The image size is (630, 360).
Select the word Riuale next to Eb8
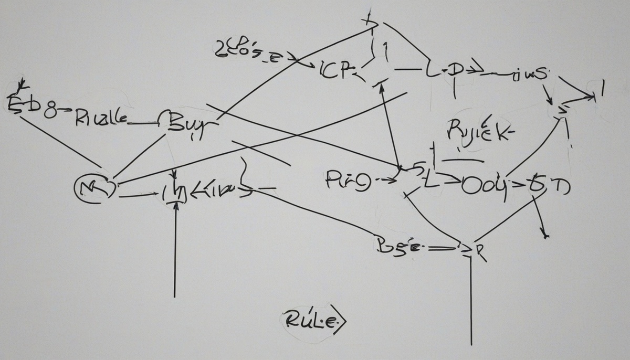(100, 117)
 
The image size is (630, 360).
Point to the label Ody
(480, 187)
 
